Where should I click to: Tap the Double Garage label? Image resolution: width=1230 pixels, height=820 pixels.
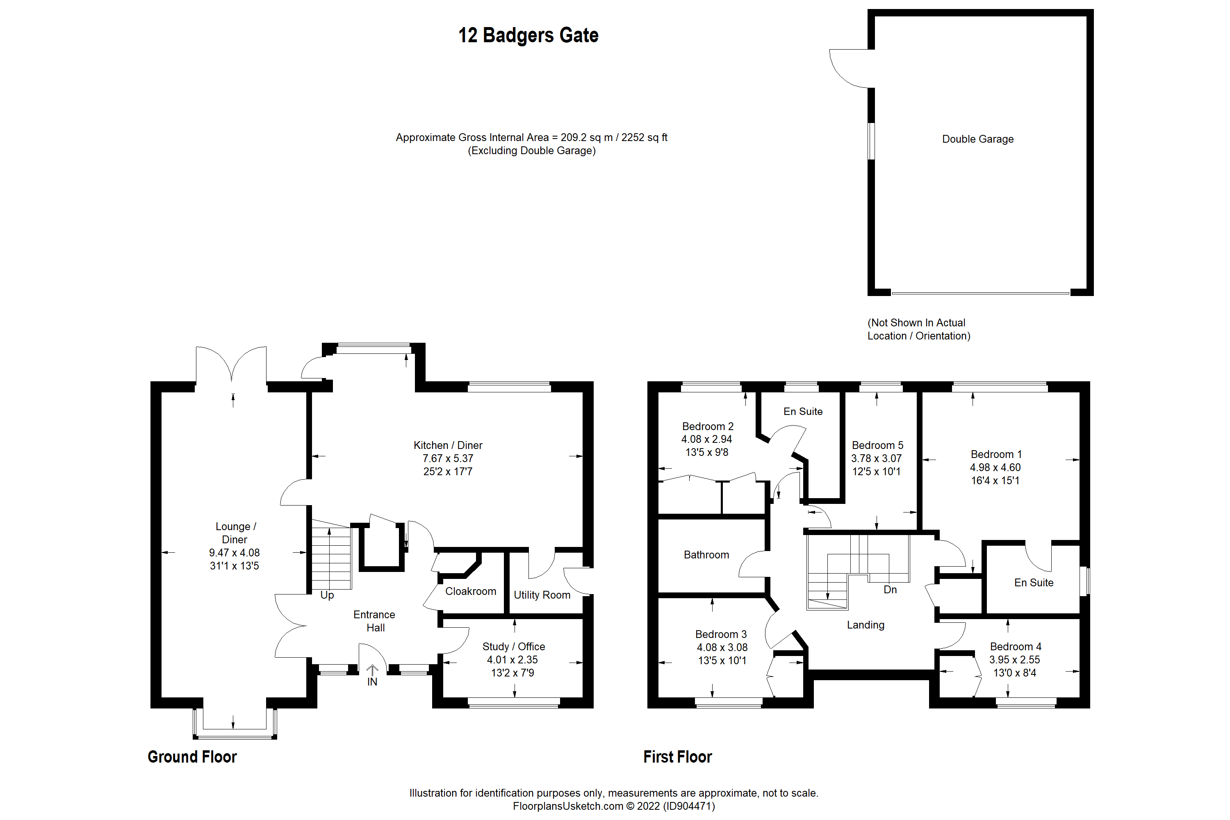point(977,139)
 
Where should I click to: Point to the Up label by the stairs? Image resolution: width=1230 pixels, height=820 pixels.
point(327,595)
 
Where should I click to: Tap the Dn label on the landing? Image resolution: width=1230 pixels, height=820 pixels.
point(890,590)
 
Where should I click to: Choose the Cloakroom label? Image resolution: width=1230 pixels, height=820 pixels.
point(470,592)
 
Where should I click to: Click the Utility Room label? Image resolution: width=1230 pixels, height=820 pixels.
point(542,595)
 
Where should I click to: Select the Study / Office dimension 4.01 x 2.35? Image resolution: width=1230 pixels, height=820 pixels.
point(512,660)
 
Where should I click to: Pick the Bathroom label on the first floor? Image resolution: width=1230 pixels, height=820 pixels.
point(706,555)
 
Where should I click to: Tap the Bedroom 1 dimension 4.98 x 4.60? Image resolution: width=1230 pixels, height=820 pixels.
point(995,467)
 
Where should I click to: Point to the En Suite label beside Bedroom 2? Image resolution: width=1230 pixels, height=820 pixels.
point(803,412)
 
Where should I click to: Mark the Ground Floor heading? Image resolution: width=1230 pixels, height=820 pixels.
point(192,757)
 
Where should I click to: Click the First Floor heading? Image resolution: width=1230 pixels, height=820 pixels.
point(677,757)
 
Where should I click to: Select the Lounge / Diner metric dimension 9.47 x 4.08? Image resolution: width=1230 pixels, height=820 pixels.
point(234,553)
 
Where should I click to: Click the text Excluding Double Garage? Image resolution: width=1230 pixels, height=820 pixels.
point(531,150)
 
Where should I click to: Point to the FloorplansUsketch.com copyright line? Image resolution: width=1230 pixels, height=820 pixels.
point(613,806)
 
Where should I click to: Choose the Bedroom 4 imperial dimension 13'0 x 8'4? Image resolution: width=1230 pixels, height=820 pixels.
point(1014,673)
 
